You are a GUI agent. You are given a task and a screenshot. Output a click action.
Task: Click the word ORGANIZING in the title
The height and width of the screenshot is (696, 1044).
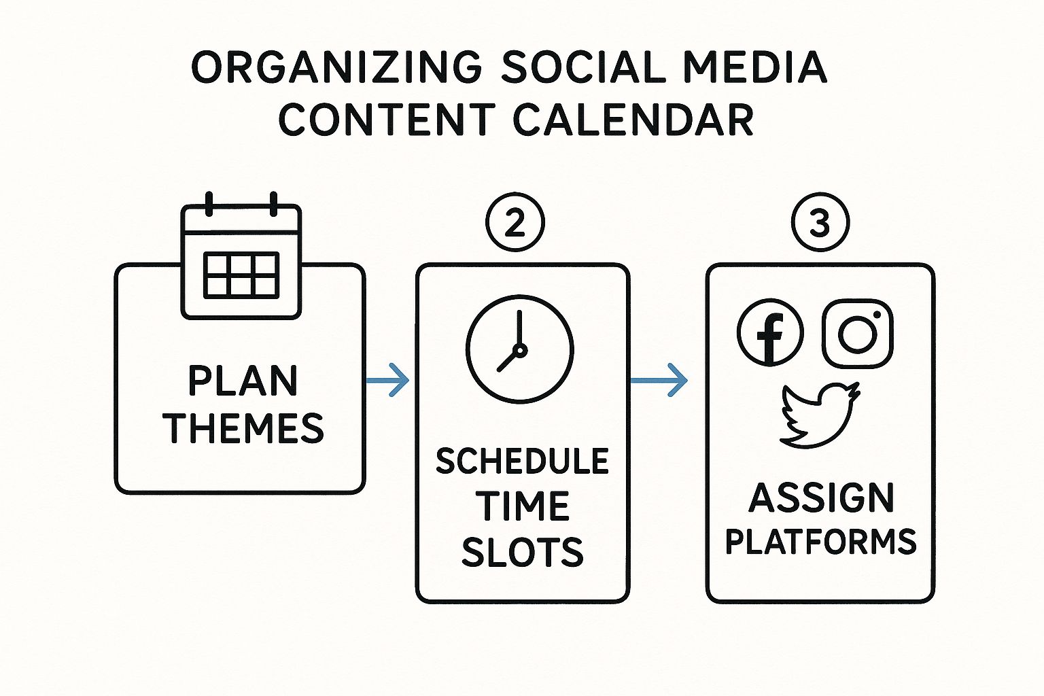pyautogui.click(x=336, y=67)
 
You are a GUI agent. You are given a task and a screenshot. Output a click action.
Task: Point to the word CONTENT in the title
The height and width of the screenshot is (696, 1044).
pyautogui.click(x=387, y=119)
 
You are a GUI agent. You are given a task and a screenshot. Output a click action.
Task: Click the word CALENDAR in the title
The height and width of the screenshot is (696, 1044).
pyautogui.click(x=634, y=119)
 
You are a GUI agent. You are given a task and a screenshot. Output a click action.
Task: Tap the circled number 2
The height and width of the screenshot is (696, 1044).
pyautogui.click(x=515, y=222)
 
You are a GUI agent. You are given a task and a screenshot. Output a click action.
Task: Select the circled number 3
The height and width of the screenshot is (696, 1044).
pyautogui.click(x=820, y=222)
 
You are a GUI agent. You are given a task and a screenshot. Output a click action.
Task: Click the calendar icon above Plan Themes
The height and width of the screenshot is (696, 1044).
pyautogui.click(x=241, y=256)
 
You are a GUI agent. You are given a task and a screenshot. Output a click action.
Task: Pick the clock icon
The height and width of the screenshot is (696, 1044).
pyautogui.click(x=520, y=349)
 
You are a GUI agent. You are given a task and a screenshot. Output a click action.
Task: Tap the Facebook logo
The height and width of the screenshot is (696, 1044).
pyautogui.click(x=770, y=332)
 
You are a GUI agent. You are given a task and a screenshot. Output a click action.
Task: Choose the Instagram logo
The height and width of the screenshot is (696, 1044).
pyautogui.click(x=858, y=333)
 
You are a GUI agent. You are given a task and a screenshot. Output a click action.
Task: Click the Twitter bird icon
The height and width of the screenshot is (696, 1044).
pyautogui.click(x=819, y=415)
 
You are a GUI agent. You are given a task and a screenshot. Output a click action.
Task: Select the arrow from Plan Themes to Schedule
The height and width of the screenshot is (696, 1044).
pyautogui.click(x=388, y=380)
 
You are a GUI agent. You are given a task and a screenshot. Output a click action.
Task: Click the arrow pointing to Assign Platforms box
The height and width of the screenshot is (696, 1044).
pyautogui.click(x=659, y=380)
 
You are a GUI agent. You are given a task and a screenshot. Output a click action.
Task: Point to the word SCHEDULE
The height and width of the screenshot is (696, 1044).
pyautogui.click(x=523, y=461)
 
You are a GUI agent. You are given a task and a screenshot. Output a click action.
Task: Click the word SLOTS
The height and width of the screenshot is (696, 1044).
pyautogui.click(x=523, y=552)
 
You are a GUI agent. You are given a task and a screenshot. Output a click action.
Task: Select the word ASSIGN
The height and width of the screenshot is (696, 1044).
pyautogui.click(x=821, y=498)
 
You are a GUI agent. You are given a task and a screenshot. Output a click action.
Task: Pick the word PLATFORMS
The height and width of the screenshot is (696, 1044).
pyautogui.click(x=821, y=541)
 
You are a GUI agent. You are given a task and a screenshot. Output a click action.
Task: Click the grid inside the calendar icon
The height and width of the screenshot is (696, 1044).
pyautogui.click(x=241, y=275)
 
